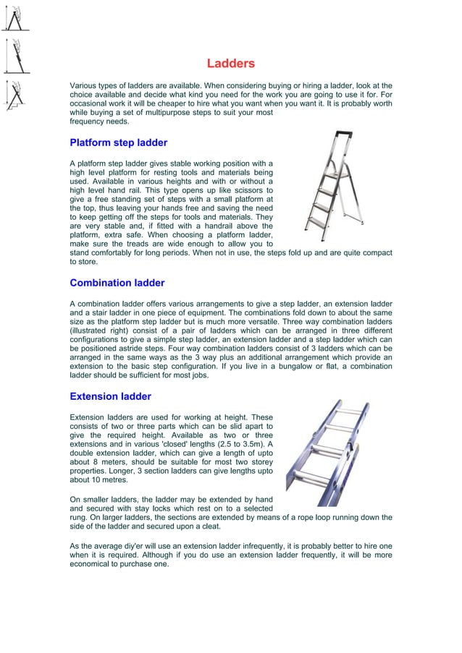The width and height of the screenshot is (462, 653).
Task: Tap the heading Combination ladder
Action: (117, 283)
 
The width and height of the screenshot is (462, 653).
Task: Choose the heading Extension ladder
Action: (110, 396)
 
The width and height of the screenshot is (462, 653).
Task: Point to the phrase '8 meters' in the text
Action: (96, 465)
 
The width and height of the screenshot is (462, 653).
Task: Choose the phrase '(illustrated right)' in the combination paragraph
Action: (101, 329)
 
